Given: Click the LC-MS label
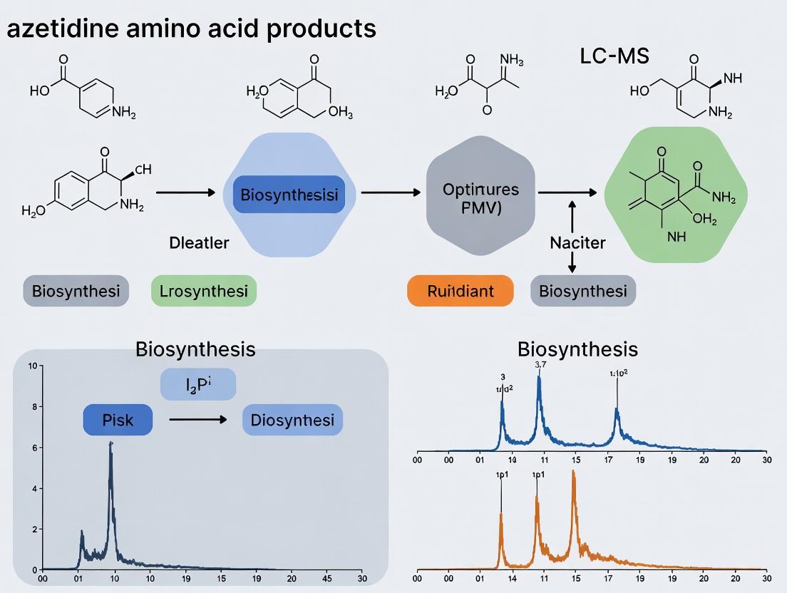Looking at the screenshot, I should click(614, 56).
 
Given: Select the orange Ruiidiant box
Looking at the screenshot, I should click(460, 291).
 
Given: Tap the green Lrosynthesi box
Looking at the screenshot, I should click(203, 291).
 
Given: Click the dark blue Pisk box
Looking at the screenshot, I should click(118, 420).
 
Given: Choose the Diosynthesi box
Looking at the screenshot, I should click(292, 420).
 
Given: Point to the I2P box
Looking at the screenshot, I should click(197, 386).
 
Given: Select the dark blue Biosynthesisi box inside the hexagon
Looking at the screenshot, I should click(289, 195).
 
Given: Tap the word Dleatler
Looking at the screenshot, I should click(200, 243).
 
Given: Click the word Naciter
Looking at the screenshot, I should click(577, 243).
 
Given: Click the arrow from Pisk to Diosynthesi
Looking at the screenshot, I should click(197, 421).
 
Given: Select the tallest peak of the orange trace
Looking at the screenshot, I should click(573, 472).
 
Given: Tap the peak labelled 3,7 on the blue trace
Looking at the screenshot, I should click(539, 378).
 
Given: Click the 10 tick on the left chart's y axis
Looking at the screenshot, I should click(31, 366).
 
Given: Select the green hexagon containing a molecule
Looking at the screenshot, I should click(675, 195).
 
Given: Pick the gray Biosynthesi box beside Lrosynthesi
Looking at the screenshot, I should click(76, 291).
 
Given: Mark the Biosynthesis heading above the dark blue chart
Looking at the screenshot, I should click(195, 350).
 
